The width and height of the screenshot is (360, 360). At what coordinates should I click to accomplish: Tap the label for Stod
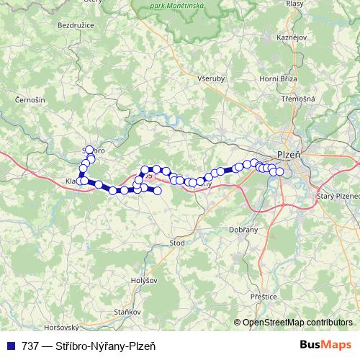pyautogui.click(x=176, y=243)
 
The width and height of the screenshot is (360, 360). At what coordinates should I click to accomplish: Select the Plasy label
pyautogui.click(x=294, y=4)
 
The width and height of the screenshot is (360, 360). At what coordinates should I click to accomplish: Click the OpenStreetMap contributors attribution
pyautogui.click(x=297, y=323)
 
